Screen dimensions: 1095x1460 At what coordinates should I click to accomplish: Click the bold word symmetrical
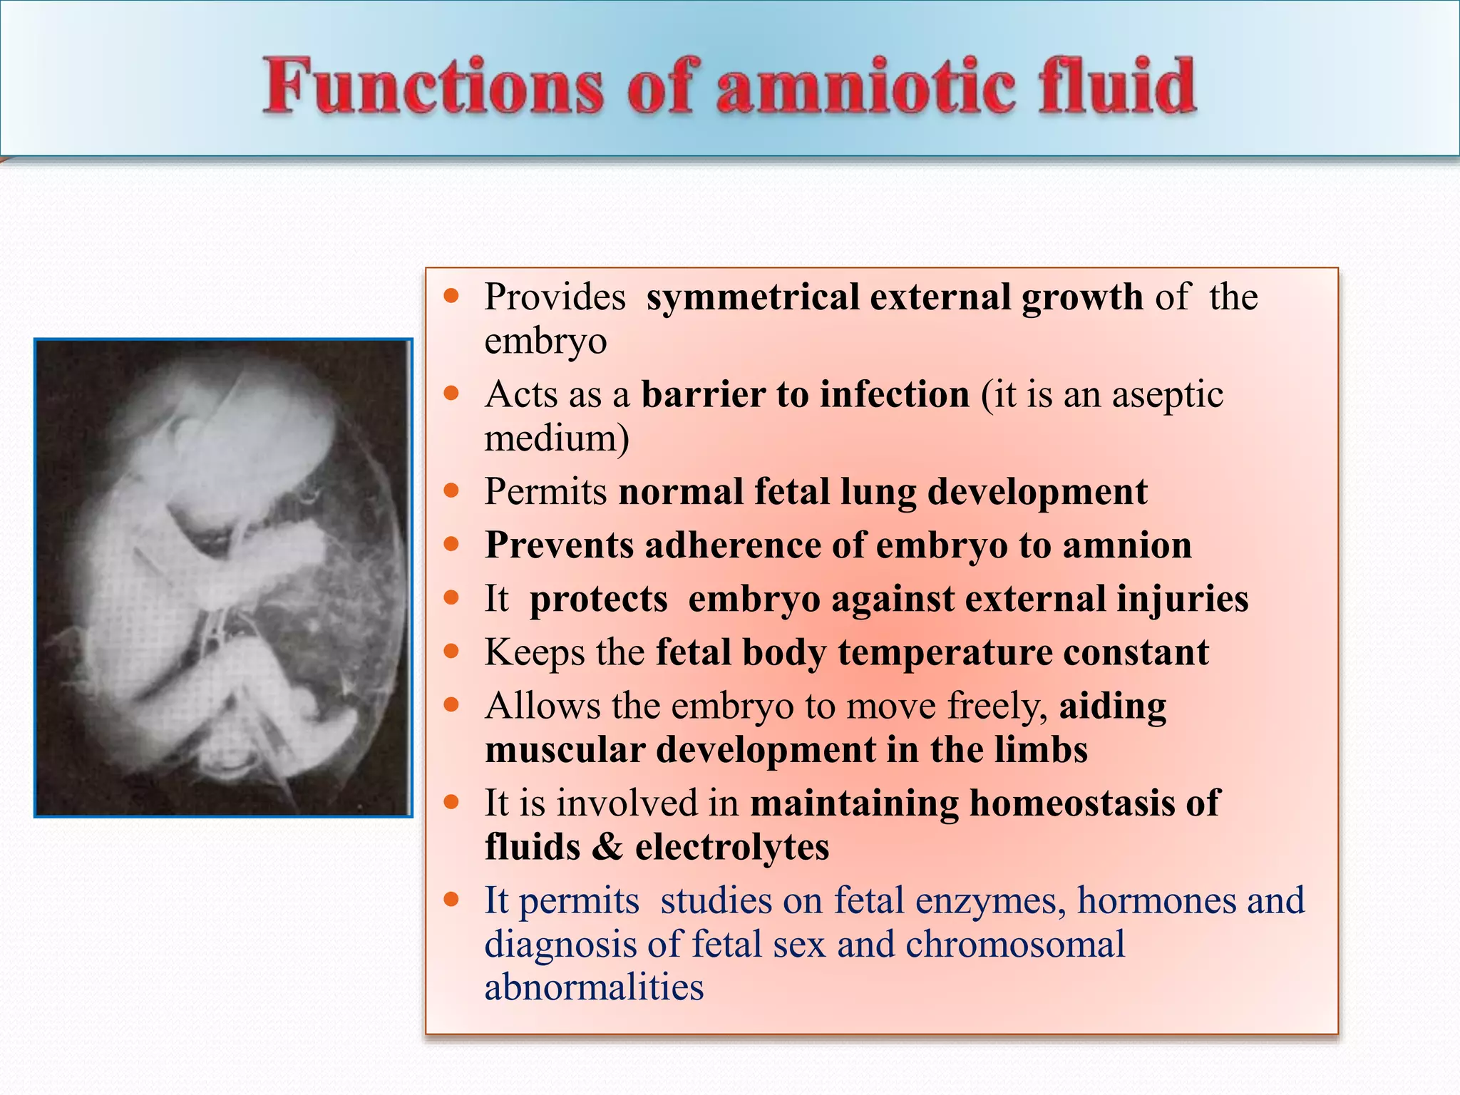(752, 297)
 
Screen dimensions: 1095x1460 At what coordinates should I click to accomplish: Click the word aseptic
(1167, 394)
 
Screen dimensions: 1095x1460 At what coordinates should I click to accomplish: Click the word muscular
(565, 750)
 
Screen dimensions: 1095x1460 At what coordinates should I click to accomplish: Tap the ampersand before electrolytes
(607, 847)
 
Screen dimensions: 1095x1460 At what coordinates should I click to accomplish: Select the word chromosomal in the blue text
(1015, 945)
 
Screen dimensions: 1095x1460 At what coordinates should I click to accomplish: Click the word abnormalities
(594, 988)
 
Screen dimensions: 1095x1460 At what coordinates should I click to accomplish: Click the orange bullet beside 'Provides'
(451, 296)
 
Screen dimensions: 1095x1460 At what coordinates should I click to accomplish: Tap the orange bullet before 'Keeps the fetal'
(451, 651)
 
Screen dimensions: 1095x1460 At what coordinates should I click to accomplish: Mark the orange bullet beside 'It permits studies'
(451, 899)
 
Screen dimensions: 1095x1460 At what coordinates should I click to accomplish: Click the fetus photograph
(223, 577)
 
